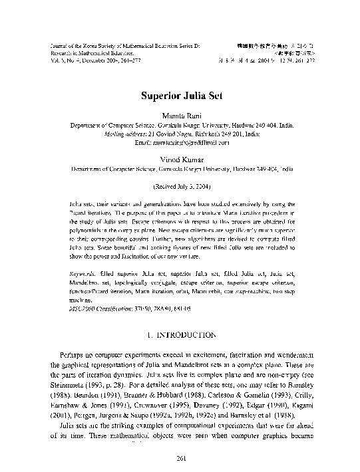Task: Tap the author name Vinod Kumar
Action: click(x=180, y=160)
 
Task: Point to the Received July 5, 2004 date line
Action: click(x=180, y=187)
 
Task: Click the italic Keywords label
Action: click(x=83, y=254)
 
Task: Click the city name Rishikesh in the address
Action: click(x=219, y=133)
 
